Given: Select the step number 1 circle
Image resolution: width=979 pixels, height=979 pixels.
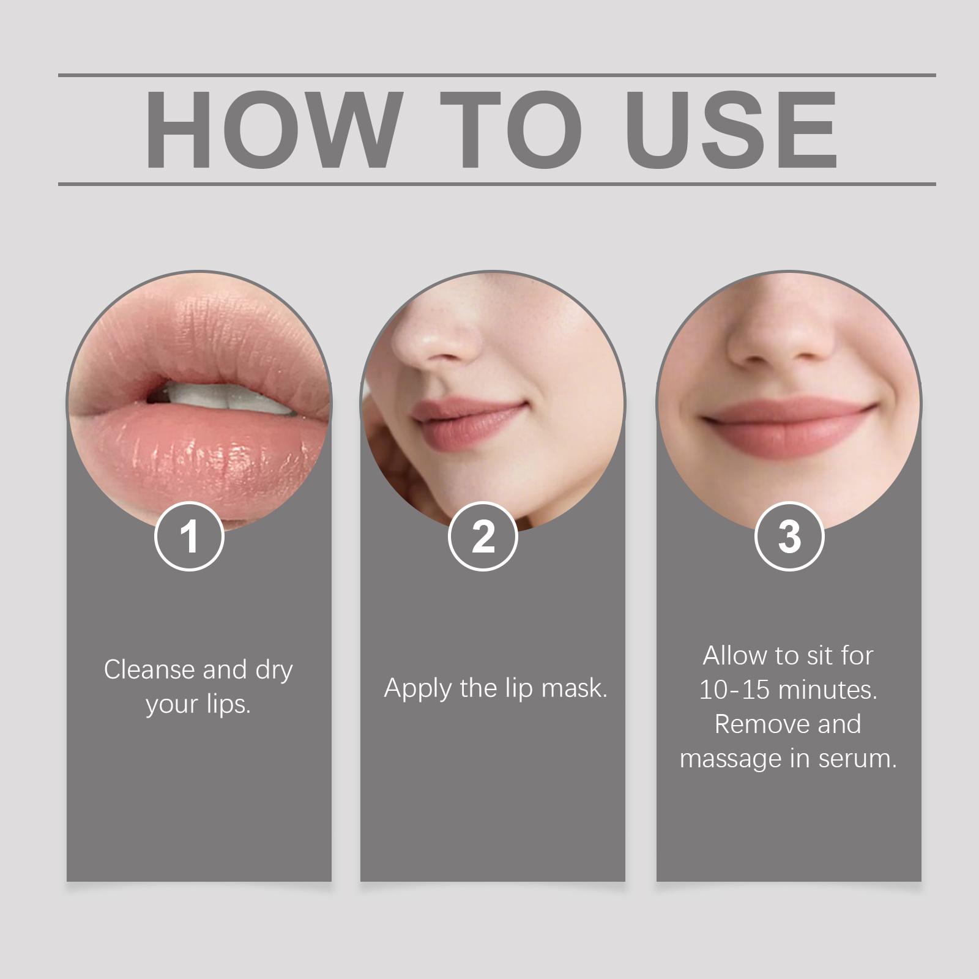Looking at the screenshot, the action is [x=189, y=537].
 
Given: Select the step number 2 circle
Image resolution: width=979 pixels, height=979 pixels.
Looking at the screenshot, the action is [x=483, y=537].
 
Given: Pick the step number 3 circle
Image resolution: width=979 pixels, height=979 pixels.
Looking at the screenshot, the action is [x=789, y=537].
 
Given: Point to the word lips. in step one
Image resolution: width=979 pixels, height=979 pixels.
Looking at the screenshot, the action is [x=228, y=704].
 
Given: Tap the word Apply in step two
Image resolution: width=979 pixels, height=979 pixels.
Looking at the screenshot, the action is [x=419, y=689].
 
